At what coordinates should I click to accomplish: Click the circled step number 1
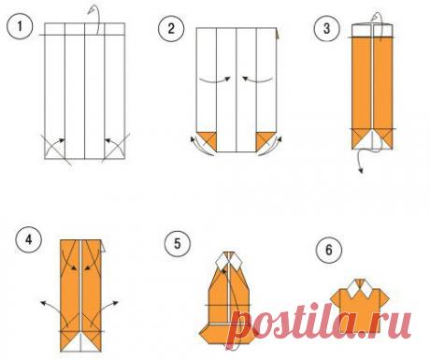pos(20,26)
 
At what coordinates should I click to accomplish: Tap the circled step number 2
pos(171,28)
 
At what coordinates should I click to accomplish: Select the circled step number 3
pos(326,28)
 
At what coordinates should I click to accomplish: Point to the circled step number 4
pos(29,239)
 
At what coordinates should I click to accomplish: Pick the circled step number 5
pos(178,243)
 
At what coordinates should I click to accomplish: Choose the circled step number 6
pos(329,250)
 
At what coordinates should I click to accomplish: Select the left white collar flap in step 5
pos(222,261)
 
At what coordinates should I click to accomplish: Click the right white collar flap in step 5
pos(236,261)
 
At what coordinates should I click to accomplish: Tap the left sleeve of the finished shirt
pos(337,297)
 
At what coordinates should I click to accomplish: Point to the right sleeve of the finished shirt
pos(383,297)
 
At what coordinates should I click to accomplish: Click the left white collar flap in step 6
pos(352,289)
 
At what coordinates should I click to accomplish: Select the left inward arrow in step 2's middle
pos(215,80)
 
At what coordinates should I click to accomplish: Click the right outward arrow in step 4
pos(106,310)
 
